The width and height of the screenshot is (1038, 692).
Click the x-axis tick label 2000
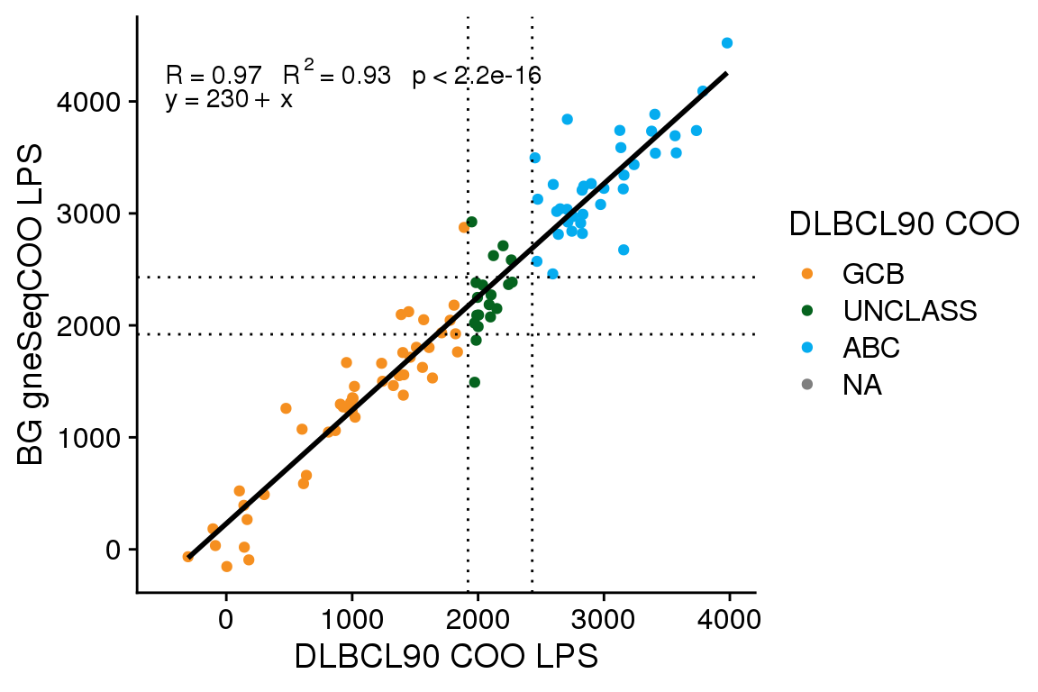pos(478,619)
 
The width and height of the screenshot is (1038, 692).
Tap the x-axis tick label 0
pos(226,619)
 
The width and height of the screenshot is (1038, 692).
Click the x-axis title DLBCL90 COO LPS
pos(446,657)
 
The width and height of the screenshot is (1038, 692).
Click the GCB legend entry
pos(872,272)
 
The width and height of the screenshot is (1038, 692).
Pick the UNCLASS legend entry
pos(909,310)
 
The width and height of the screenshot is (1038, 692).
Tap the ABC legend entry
pos(870,348)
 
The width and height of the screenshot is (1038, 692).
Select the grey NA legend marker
pos(806,386)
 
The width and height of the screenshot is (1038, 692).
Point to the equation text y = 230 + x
pos(229,99)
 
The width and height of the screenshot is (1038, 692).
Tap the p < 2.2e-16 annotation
pos(476,76)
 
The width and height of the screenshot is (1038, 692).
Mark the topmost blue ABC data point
pos(727,43)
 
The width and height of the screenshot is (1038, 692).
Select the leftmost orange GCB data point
pos(188,557)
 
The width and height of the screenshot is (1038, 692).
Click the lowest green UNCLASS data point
pos(475,382)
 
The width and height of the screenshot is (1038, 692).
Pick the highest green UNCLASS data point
pos(471,222)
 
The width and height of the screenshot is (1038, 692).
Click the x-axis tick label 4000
pos(729,619)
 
